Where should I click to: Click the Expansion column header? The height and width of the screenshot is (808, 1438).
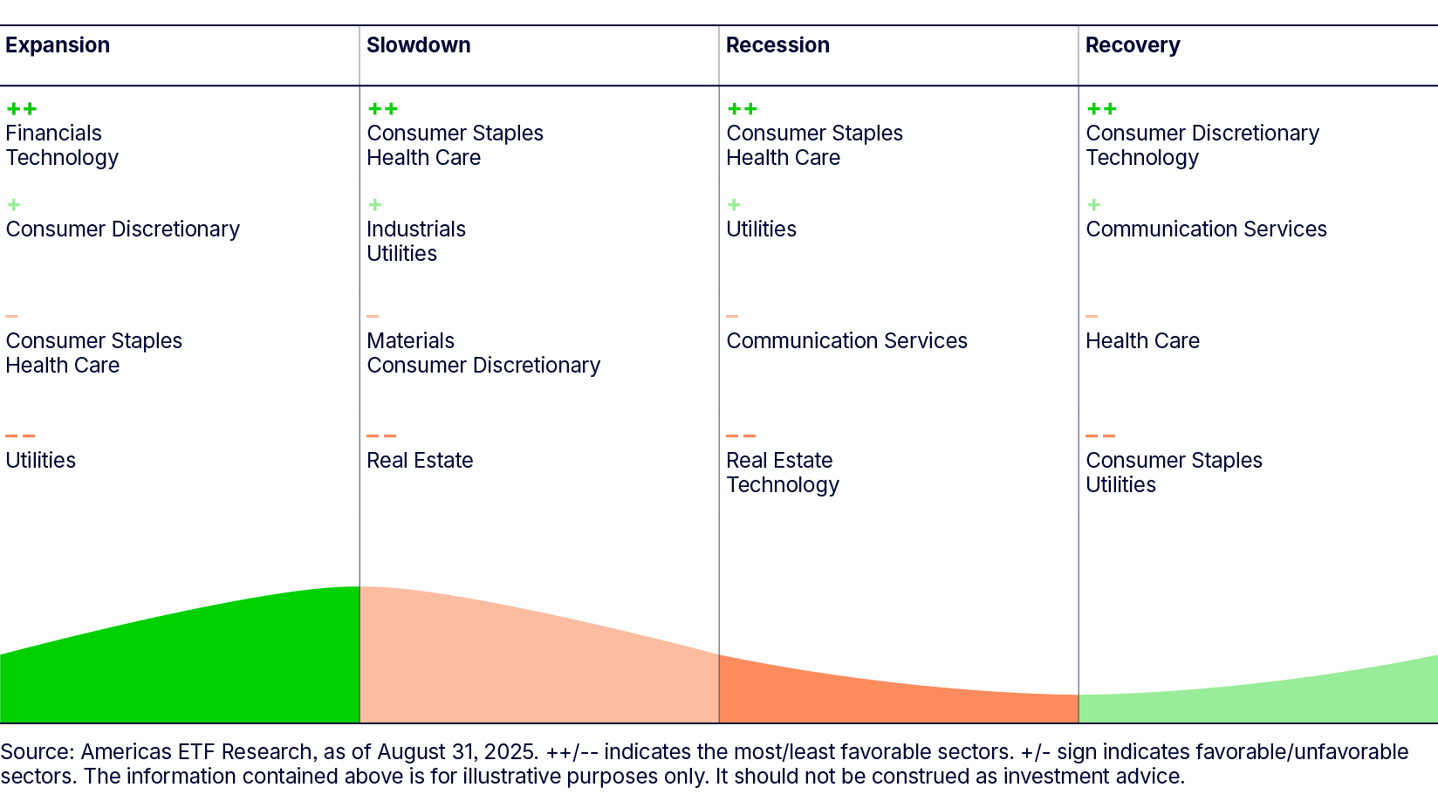[x=58, y=45]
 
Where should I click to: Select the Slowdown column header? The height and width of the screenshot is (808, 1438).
[x=419, y=45]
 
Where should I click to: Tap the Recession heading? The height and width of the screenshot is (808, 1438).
[x=777, y=45]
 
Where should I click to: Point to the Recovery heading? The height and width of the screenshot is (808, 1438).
[x=1133, y=45]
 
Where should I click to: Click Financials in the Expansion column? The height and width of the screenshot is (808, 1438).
[x=53, y=134]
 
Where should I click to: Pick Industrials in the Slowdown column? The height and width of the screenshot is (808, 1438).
[x=416, y=229]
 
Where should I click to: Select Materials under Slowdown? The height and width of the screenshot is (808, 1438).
[x=411, y=341]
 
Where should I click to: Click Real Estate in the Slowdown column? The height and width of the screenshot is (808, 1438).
[x=420, y=461]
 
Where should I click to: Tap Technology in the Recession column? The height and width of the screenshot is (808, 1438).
[x=783, y=485]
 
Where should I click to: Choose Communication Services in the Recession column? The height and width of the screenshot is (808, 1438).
[x=846, y=341]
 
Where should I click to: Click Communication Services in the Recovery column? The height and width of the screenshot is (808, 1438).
[x=1206, y=229]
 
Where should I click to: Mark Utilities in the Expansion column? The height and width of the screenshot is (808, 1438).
[x=41, y=461]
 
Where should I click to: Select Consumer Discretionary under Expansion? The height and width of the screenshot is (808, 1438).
[x=122, y=229]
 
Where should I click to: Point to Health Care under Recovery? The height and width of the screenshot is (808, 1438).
[x=1142, y=341]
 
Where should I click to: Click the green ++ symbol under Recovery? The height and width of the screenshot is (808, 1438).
[x=1101, y=109]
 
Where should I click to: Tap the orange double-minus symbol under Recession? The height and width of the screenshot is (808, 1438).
[x=741, y=436]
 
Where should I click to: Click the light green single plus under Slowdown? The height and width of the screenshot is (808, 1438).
[x=375, y=205]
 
